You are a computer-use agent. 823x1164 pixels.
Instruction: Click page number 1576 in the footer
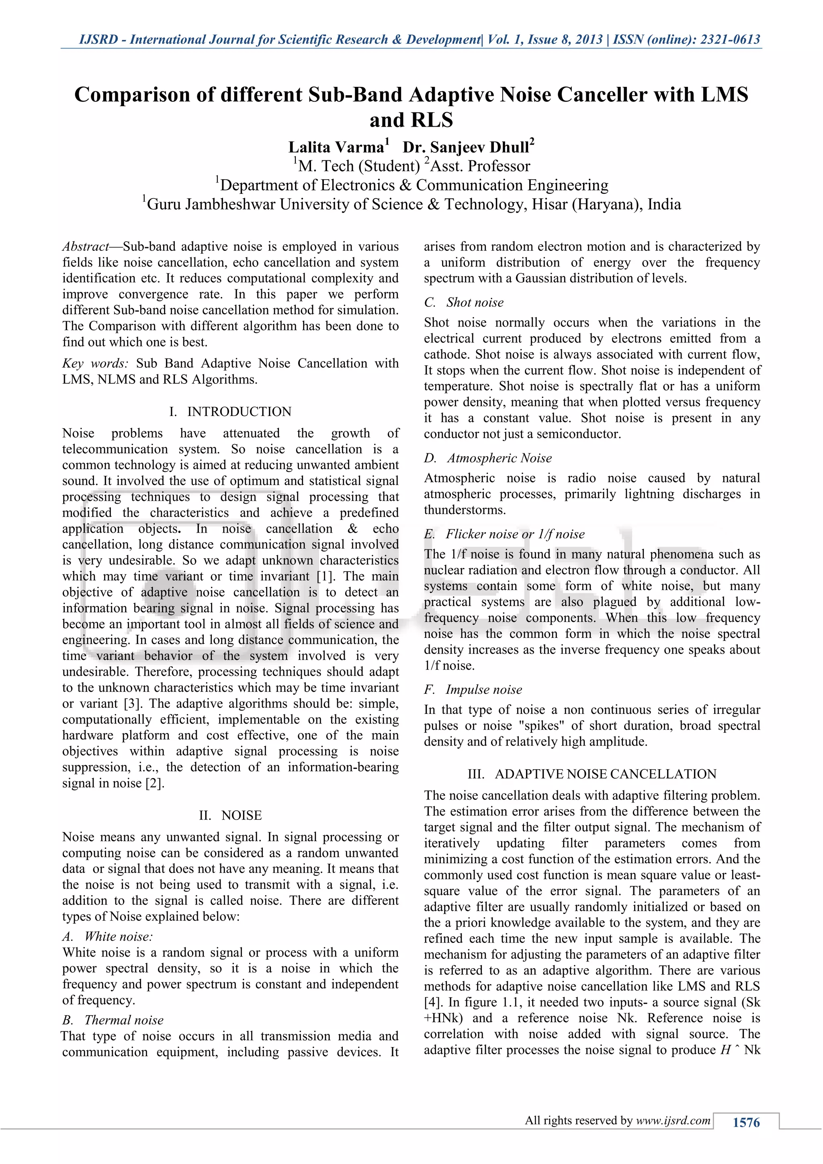pos(746,1123)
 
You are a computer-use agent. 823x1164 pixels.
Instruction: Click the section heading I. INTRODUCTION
pos(231,411)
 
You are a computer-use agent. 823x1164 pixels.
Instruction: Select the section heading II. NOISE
pos(231,815)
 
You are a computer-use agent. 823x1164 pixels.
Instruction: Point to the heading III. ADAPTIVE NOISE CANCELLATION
pos(592,774)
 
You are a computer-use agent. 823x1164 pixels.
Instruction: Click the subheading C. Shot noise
pos(464,302)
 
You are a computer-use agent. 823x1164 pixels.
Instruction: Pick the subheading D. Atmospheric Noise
pos(488,458)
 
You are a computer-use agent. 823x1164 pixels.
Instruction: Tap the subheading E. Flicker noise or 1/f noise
pos(504,534)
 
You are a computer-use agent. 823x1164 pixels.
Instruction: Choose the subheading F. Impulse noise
pos(473,689)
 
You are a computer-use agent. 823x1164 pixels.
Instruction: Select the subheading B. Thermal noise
pos(113,1020)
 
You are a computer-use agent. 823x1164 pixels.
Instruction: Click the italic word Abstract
pos(85,247)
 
